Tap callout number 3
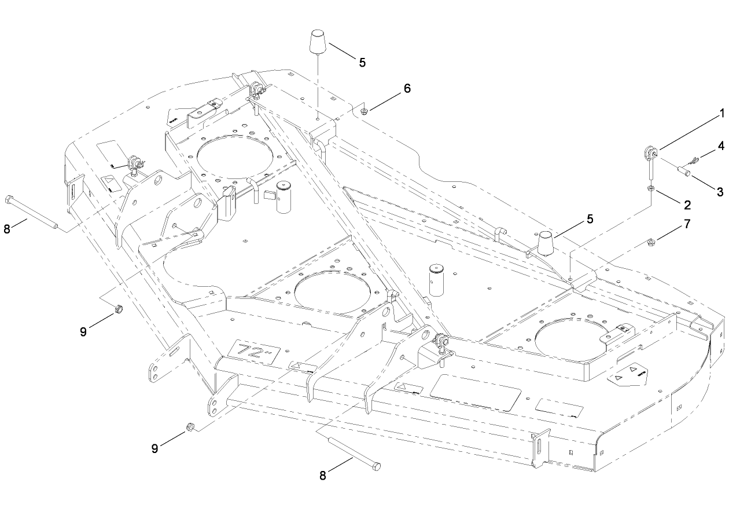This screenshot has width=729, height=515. [x=720, y=192]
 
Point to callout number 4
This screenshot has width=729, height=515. [x=721, y=145]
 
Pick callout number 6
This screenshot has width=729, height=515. [x=407, y=88]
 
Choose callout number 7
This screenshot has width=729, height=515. [x=687, y=224]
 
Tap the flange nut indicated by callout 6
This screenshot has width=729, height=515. [x=364, y=110]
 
